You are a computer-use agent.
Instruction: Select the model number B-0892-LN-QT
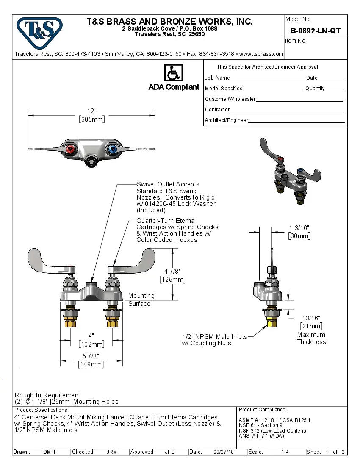315,31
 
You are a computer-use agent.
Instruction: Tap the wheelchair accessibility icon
173,72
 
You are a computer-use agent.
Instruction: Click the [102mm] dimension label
91,344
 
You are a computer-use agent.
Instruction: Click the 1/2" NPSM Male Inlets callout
214,340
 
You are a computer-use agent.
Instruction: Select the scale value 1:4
285,452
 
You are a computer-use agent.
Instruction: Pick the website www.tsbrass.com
261,54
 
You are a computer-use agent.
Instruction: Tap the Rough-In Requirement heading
48,395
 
